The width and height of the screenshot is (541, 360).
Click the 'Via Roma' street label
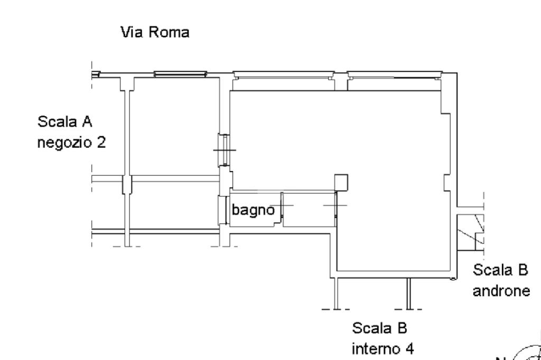pos(155,32)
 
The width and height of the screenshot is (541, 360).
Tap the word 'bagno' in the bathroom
pos(253,210)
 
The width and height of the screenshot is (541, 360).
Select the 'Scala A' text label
pos(65,122)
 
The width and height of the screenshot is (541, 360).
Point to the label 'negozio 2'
pos(71,143)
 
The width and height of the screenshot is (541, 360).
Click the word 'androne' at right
pos(501,291)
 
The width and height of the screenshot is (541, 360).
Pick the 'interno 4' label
pos(383,348)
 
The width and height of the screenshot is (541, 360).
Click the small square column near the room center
pos(341,183)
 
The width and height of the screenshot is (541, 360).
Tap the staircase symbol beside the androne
pos(471,232)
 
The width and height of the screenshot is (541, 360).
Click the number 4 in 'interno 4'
pos(409,348)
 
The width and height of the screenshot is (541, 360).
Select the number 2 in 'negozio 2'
pos(101,143)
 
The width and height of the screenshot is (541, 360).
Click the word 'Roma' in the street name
pos(169,32)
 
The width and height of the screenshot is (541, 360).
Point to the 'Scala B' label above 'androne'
pos(500,270)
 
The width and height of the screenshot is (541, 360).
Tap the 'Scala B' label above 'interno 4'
pos(379,328)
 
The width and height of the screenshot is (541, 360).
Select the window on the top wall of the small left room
pos(180,74)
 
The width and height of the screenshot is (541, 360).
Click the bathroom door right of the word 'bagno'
pos(282,205)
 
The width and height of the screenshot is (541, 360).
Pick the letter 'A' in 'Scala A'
pos(87,122)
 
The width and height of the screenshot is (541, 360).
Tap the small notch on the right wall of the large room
pos(447,183)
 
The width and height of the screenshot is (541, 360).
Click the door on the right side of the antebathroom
pos(335,205)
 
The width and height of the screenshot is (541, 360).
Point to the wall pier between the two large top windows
pos(341,81)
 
